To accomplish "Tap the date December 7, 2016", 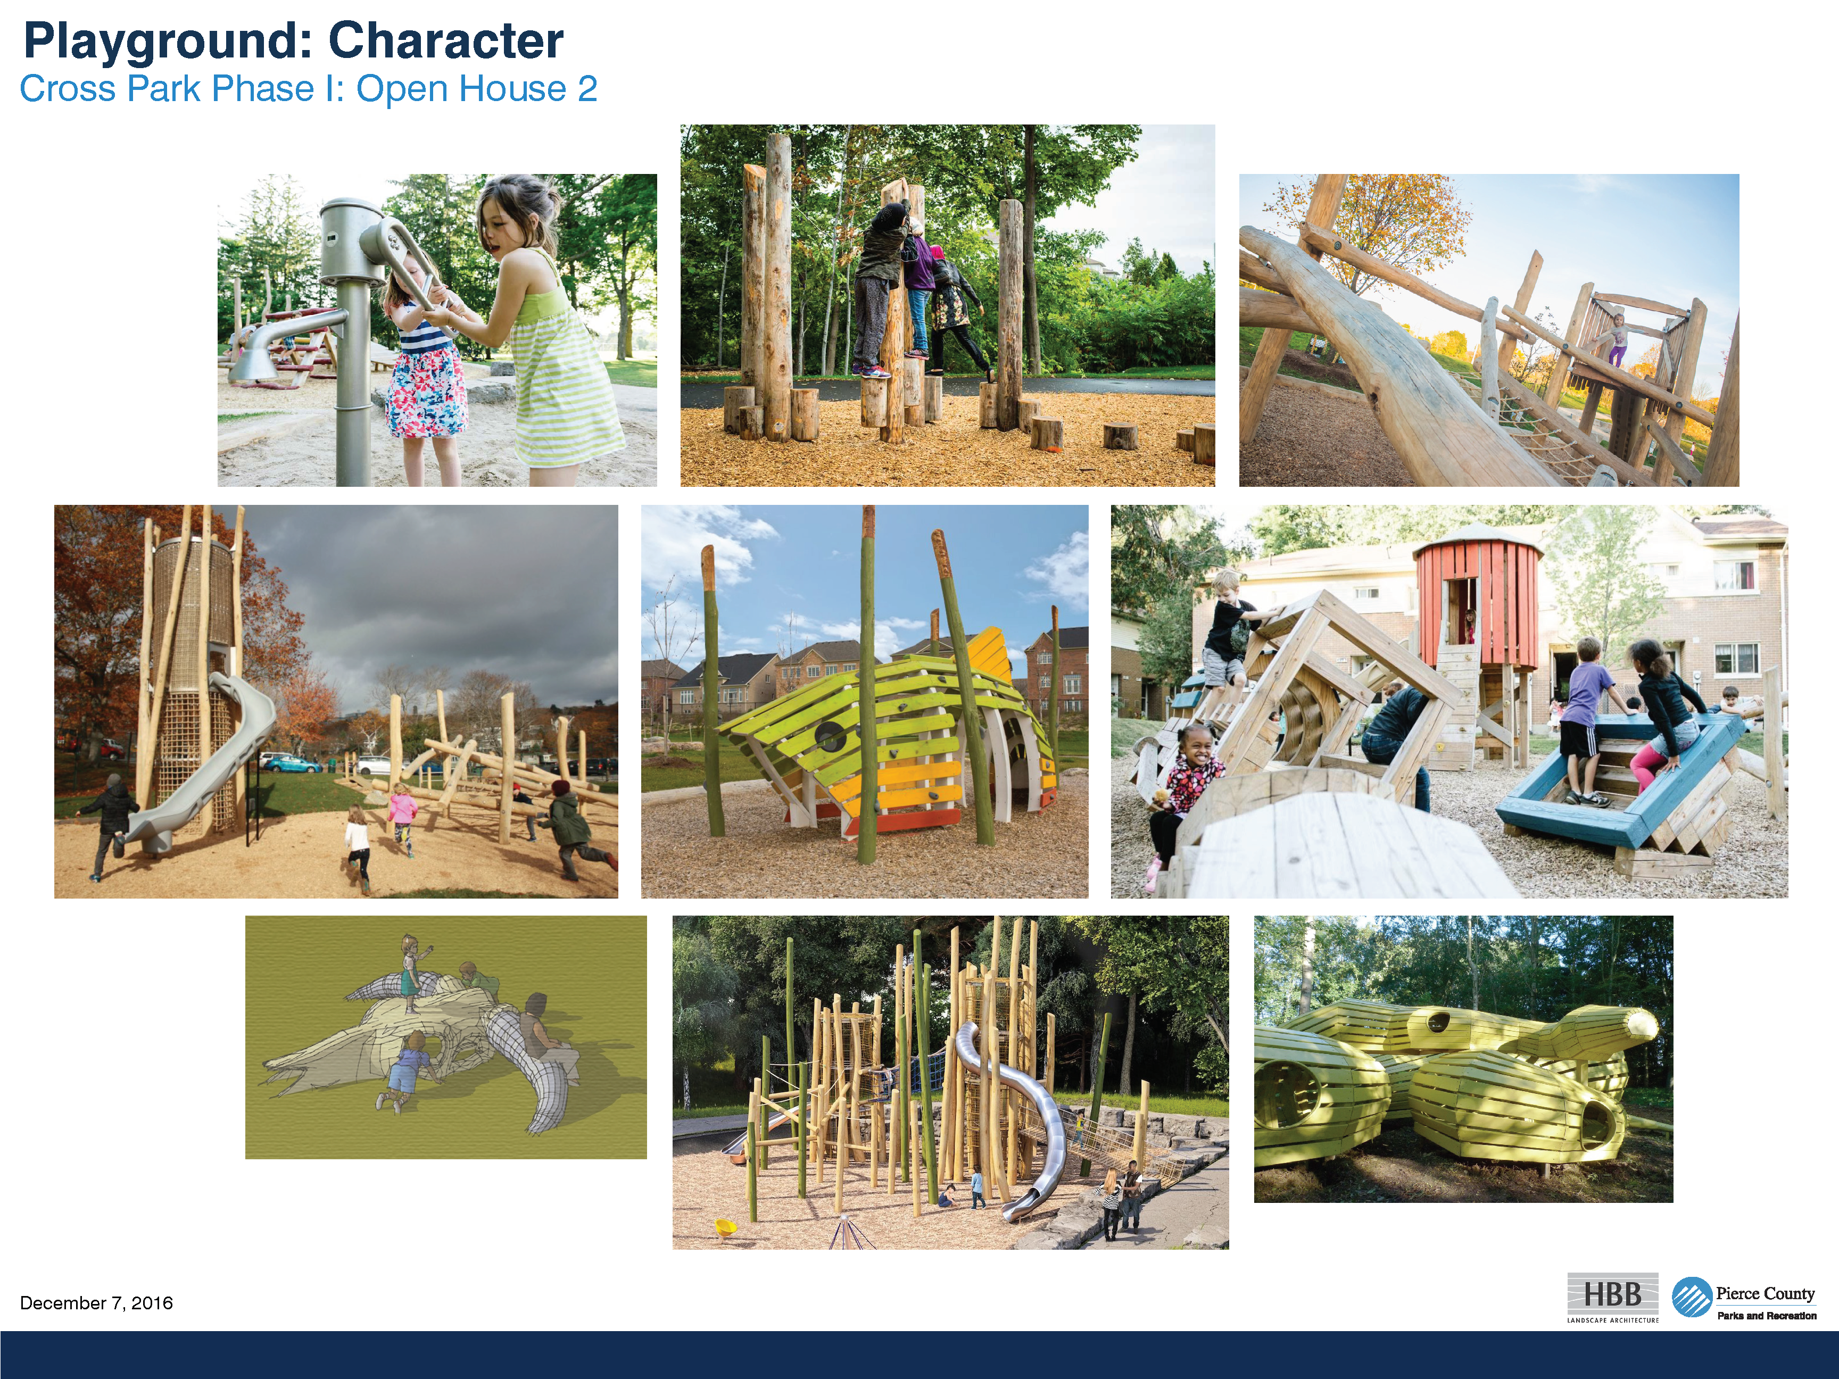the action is tap(96, 1302).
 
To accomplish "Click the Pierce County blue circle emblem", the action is tap(1692, 1297).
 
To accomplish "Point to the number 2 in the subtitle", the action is tap(588, 89).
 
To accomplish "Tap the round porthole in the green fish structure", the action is tap(829, 736).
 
